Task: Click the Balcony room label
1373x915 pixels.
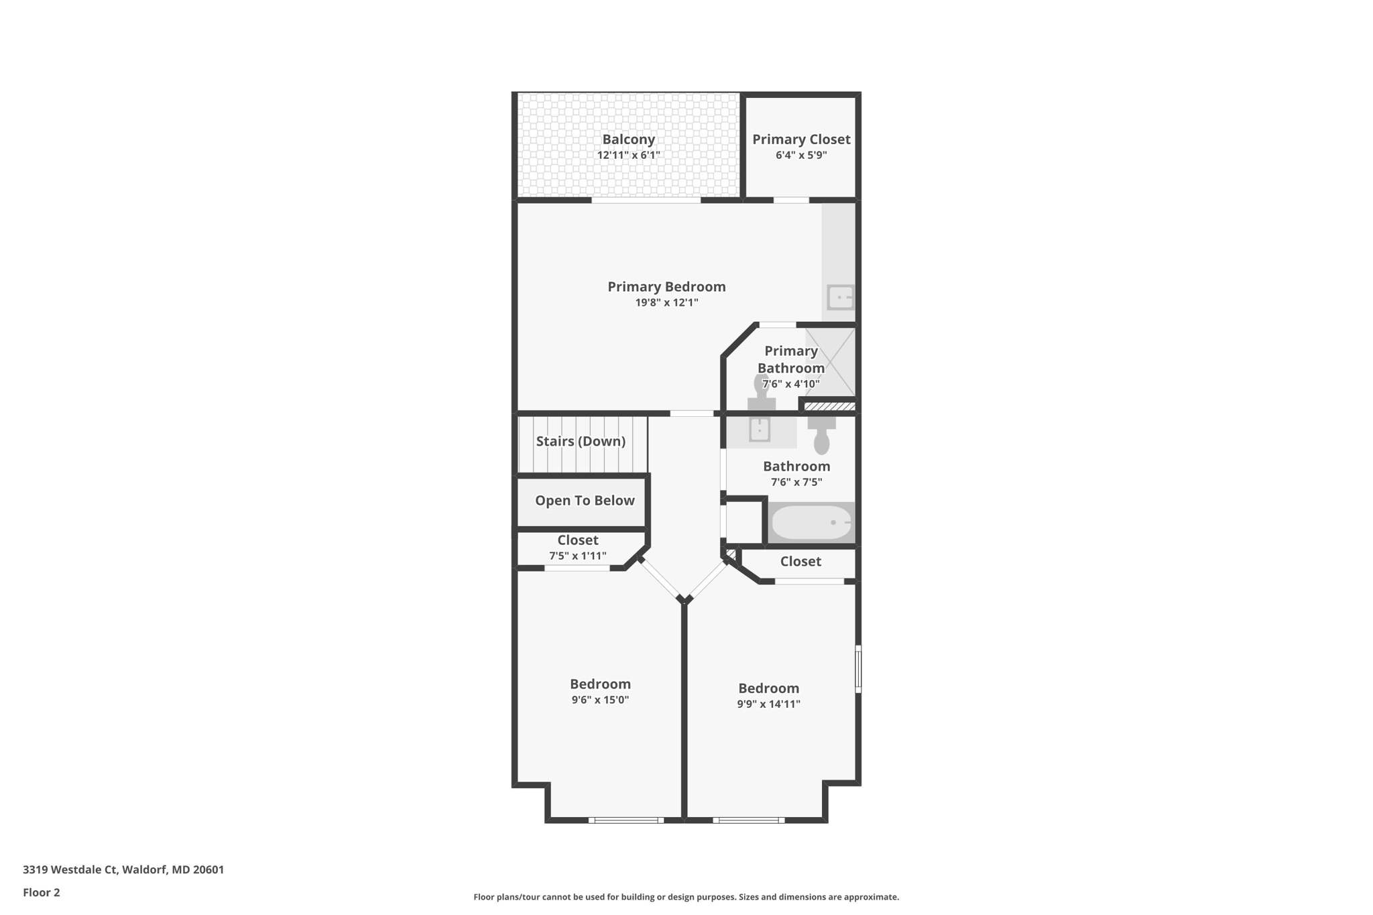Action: coord(628,139)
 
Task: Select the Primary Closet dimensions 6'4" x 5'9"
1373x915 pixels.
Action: coord(801,156)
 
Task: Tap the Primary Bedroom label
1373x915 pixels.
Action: coord(666,287)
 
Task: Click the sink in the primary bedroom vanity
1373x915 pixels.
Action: coord(840,297)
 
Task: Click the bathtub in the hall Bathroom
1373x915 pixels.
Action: coord(811,523)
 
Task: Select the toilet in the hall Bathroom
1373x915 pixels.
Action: coord(821,436)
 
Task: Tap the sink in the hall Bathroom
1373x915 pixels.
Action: coord(760,430)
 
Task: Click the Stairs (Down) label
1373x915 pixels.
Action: coord(581,441)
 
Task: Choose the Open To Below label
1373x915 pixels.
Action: coord(585,501)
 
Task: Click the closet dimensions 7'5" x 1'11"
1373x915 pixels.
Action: coord(578,556)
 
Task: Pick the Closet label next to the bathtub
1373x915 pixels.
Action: coord(800,562)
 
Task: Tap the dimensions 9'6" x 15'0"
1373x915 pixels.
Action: coord(600,700)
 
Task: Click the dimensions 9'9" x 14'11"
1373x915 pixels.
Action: coord(768,705)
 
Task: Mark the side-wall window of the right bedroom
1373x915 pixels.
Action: coord(858,668)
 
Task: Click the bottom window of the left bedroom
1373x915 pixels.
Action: coord(626,820)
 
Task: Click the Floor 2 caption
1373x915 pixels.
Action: coord(42,893)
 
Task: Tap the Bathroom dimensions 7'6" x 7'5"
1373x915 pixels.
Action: coord(796,483)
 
